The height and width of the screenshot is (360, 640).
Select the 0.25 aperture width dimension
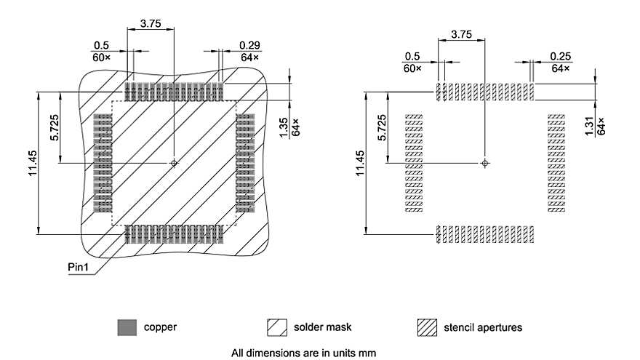[x=560, y=56]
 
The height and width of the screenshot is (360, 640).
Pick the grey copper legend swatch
[x=127, y=327]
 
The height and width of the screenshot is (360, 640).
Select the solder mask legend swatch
[x=277, y=327]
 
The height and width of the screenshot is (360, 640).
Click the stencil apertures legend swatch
[x=427, y=327]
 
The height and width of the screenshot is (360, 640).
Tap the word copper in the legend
[x=160, y=327]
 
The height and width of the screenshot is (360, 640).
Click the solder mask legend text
[x=323, y=327]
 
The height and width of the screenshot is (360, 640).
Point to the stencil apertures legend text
[x=482, y=327]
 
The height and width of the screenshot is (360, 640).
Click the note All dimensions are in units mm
[x=303, y=353]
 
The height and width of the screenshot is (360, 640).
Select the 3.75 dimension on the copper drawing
[x=151, y=23]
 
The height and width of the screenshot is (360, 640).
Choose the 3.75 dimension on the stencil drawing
[x=460, y=34]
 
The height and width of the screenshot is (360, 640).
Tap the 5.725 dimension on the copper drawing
[x=55, y=128]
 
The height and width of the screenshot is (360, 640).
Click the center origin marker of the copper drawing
[x=174, y=163]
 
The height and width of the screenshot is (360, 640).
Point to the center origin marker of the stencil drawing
[x=484, y=163]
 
